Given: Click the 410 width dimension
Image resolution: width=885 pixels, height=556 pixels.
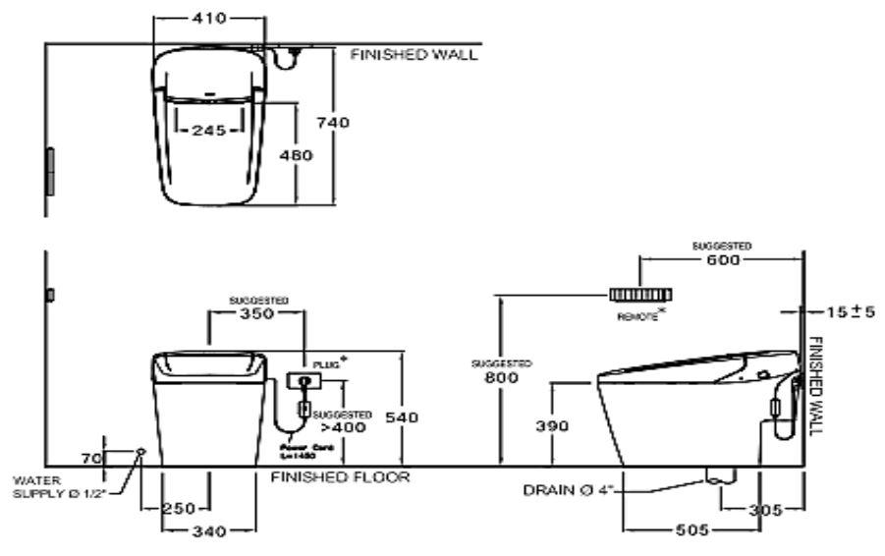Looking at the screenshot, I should coord(208,19).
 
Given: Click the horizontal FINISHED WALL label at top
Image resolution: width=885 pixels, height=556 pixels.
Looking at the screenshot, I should coord(414,55).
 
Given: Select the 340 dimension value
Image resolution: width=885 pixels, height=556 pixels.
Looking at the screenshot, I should coord(208,531).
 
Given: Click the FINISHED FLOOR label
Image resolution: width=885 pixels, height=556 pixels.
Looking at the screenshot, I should coord(340,478).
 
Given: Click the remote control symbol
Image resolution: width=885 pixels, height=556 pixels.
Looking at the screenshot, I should coord(639,294).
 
